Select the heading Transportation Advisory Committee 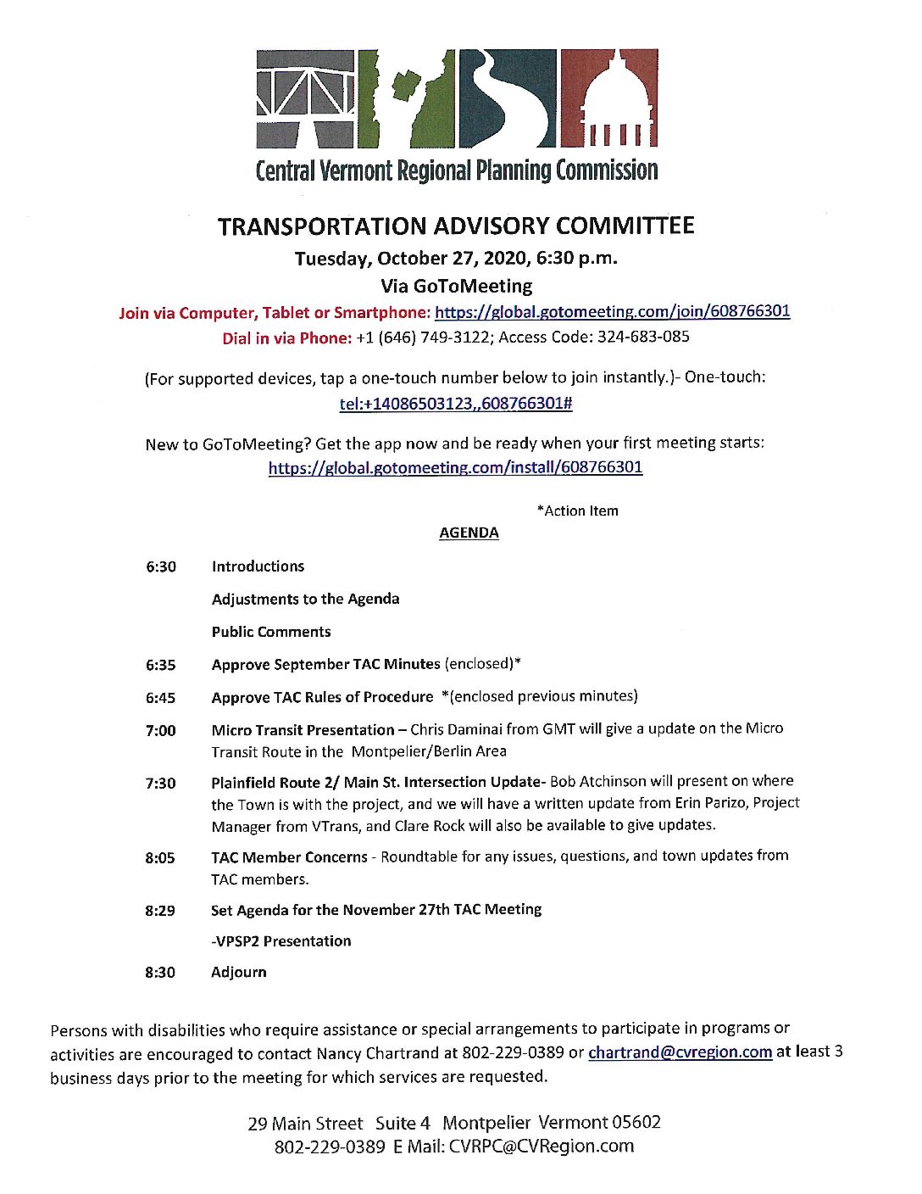tap(456, 226)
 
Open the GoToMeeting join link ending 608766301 tap(612, 311)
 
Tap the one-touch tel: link tap(456, 404)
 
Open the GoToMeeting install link tap(455, 467)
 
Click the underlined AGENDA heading tap(469, 533)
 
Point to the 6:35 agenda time tap(160, 666)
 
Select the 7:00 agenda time tap(160, 731)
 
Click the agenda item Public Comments tap(271, 632)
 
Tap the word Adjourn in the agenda tap(238, 972)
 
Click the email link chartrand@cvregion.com tap(680, 1052)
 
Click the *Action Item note tap(577, 511)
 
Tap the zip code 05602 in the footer tap(636, 1123)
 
